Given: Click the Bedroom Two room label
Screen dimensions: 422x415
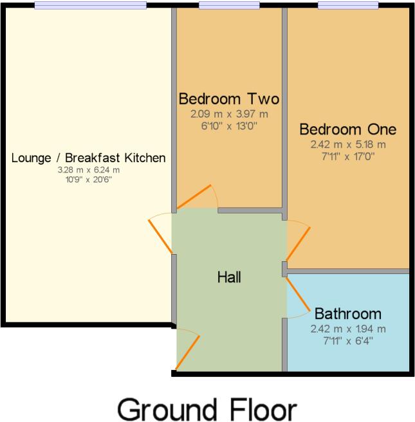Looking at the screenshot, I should [228, 99].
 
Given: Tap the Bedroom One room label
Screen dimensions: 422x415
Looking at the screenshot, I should [347, 129].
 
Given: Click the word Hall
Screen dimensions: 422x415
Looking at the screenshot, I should [229, 278].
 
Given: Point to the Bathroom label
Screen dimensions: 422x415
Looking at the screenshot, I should [347, 315].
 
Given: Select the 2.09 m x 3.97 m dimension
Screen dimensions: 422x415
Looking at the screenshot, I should [228, 115].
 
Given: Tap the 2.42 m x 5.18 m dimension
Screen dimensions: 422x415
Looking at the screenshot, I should [347, 144].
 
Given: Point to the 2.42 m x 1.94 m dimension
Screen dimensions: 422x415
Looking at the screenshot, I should [347, 329].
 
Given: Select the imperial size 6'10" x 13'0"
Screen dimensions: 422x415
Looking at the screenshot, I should [228, 126].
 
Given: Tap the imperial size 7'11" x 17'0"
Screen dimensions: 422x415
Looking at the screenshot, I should [347, 156].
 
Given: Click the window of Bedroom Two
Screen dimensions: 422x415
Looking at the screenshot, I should [228, 5].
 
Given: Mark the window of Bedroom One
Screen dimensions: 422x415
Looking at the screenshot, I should [347, 5].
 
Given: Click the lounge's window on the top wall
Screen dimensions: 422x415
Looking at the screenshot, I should [90, 5].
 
